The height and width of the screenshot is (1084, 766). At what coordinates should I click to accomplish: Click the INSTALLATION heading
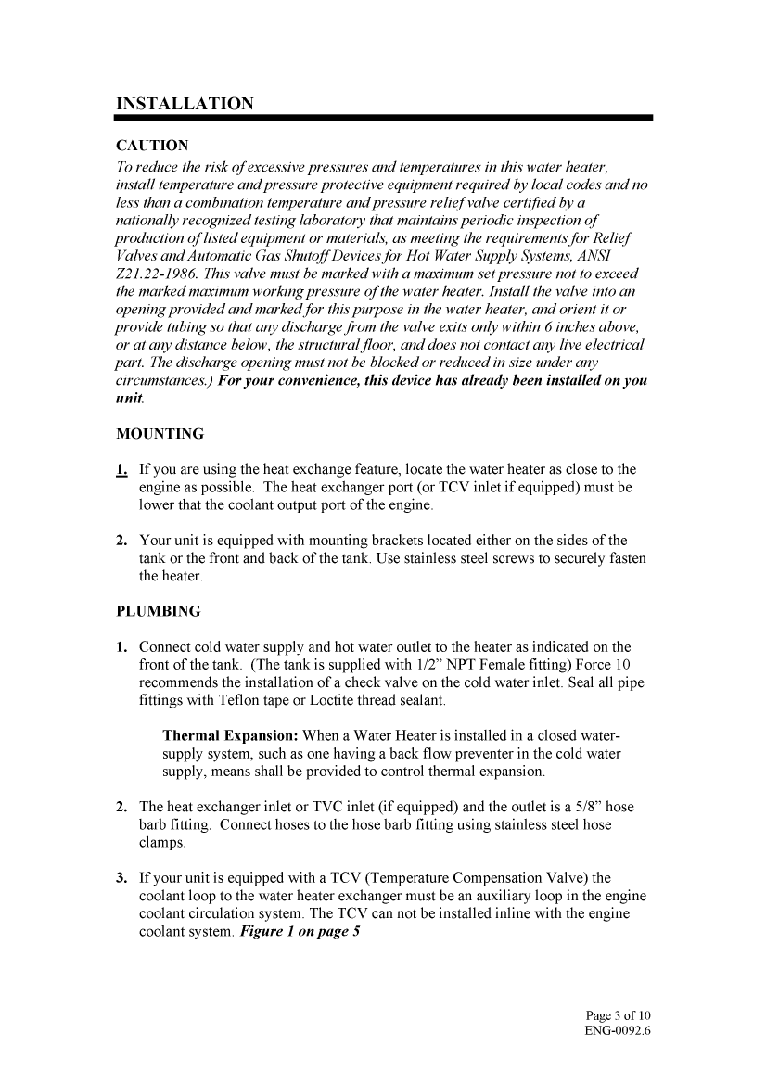(x=184, y=103)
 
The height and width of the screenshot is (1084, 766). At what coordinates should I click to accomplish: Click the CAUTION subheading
(x=152, y=146)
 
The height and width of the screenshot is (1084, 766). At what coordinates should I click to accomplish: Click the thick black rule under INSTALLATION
(x=384, y=118)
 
